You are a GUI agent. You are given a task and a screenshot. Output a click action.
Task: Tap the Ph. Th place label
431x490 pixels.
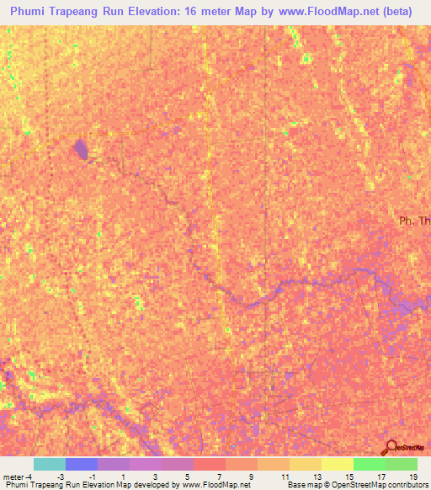pos(414,221)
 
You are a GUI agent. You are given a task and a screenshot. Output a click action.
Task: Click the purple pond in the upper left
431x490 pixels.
pos(81,151)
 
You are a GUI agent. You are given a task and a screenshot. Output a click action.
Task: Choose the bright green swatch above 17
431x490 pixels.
pos(369,464)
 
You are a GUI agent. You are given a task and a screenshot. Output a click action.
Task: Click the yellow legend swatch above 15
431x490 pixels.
pos(337,464)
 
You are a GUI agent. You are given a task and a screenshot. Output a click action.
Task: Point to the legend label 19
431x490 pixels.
pos(412,476)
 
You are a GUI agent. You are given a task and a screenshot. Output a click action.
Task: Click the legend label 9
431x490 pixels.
pos(253,476)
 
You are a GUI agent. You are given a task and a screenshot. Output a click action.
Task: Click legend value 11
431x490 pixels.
pos(285,476)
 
